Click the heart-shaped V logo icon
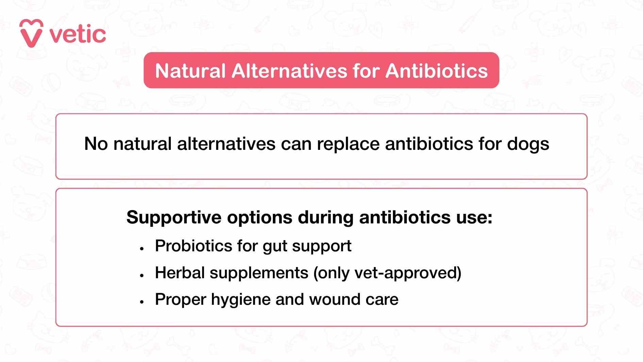(x=31, y=33)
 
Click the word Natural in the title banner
(x=191, y=71)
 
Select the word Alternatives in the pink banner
(x=290, y=71)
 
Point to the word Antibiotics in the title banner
(x=437, y=71)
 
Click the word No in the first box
(x=96, y=144)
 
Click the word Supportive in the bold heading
(x=174, y=218)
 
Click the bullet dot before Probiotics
(x=142, y=249)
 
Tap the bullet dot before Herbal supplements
(x=142, y=275)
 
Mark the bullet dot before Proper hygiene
(x=142, y=302)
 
